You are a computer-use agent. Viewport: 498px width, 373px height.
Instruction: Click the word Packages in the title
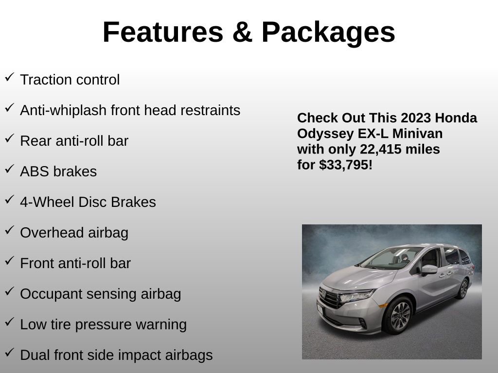point(328,32)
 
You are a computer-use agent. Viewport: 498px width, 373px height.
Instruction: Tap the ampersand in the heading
point(242,32)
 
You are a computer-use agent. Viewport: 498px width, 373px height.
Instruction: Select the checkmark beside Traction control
point(9,78)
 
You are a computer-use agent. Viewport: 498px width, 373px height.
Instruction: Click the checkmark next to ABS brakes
point(9,170)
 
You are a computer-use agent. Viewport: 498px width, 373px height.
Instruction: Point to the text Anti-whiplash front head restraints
point(130,110)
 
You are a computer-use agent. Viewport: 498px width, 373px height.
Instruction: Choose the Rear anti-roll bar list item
point(74,141)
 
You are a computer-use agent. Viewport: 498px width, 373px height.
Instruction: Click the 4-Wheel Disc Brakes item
point(88,202)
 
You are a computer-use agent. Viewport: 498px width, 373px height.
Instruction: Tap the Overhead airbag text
point(74,233)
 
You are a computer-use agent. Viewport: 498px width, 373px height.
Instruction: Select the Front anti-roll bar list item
point(75,263)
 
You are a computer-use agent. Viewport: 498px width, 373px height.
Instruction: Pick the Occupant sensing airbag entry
point(100,294)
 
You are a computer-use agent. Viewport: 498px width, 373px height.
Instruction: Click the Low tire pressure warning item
point(103,324)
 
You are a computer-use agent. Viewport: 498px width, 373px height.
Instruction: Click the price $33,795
point(346,165)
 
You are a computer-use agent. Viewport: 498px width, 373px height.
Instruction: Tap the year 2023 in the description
point(416,118)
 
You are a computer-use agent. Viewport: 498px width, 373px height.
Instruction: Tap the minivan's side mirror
point(429,270)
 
